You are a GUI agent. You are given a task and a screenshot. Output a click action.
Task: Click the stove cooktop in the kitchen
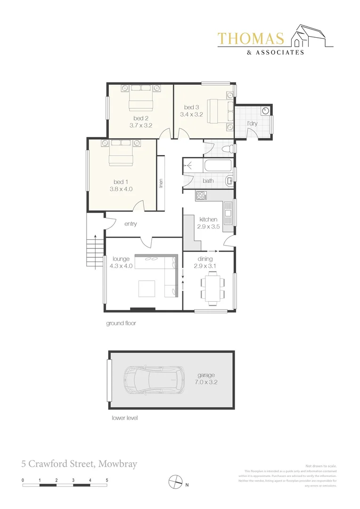[x=201, y=195]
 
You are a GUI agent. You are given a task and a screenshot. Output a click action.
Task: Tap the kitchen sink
[x=228, y=213]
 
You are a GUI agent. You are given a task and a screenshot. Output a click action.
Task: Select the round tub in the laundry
[x=266, y=111]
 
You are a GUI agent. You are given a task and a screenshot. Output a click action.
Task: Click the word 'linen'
[x=161, y=184]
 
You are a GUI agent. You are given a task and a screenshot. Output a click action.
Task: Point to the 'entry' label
[x=131, y=224]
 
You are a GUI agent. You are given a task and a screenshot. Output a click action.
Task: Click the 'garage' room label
[x=206, y=375]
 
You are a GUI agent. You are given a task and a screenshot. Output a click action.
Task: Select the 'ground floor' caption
[x=121, y=324]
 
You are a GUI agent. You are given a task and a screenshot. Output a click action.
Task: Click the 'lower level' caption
[x=124, y=418]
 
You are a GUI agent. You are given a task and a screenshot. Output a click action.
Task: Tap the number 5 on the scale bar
[x=107, y=480]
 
